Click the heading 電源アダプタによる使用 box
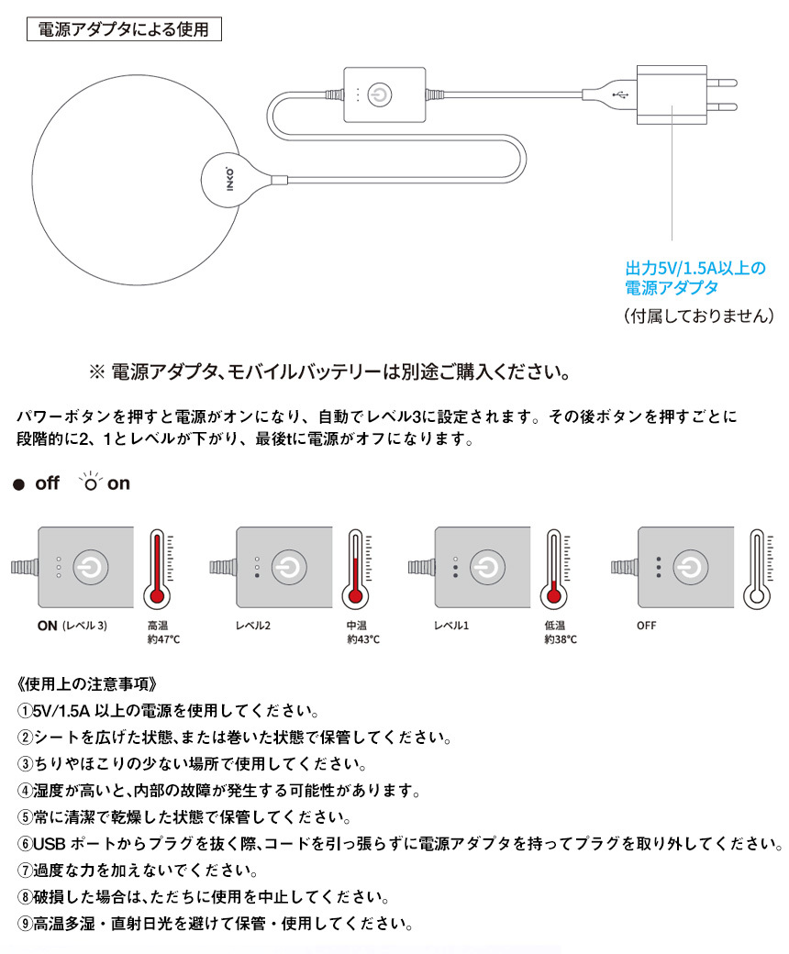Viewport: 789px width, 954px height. coord(124,29)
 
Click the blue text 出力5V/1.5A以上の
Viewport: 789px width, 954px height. coord(695,269)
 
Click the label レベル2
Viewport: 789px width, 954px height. coord(255,626)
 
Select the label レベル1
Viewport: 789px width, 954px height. coord(451,626)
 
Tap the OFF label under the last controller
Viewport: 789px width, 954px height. coord(647,626)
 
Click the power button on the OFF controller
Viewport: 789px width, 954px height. coord(690,567)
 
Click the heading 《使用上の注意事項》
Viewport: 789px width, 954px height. coord(92,683)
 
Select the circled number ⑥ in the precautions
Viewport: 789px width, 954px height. coord(25,843)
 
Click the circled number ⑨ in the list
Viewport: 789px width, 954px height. coord(25,923)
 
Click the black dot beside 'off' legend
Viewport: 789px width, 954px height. coord(17,484)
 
